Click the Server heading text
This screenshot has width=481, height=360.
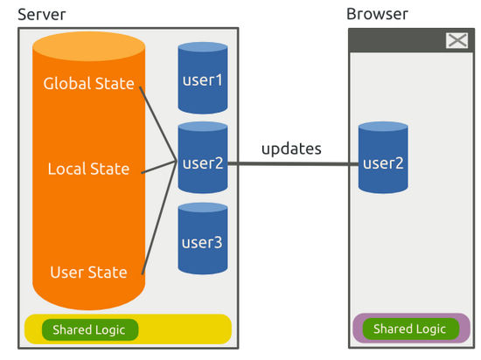[42, 14]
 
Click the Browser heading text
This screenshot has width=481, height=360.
[377, 14]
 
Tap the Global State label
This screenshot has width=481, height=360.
[88, 83]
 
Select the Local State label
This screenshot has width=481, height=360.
[88, 169]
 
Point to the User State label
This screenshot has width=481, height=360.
[88, 272]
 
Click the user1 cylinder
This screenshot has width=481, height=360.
[203, 78]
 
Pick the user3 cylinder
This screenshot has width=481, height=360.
[203, 239]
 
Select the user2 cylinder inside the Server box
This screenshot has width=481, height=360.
[203, 157]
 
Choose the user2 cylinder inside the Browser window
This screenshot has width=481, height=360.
[383, 157]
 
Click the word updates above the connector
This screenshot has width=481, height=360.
[291, 149]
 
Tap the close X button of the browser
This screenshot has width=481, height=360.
[457, 40]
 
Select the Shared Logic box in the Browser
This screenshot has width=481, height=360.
[411, 329]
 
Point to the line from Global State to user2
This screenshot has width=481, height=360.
[157, 124]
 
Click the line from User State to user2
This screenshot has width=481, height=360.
[159, 218]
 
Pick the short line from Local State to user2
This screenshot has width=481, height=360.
[158, 167]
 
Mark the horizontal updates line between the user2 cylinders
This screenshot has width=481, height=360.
[293, 164]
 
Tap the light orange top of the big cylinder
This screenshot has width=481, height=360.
[88, 46]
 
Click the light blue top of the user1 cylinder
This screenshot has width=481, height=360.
[203, 47]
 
